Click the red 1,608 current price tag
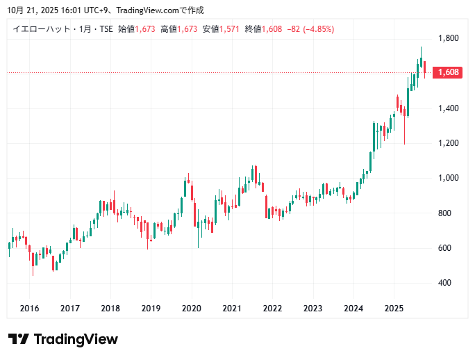click(x=447, y=72)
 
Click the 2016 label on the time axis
click(x=29, y=309)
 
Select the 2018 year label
click(x=110, y=309)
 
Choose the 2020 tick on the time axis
click(x=191, y=309)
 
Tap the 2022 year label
click(x=272, y=309)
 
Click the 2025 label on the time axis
click(x=394, y=309)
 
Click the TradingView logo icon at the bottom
click(x=19, y=339)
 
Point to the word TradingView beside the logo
click(x=76, y=339)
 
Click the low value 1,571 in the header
click(x=229, y=29)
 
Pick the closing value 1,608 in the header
click(x=272, y=29)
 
